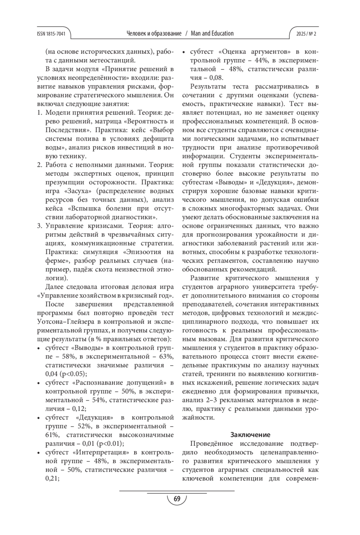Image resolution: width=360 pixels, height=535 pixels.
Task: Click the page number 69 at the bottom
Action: pyautogui.click(x=177, y=499)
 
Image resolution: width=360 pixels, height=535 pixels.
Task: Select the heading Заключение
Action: pyautogui.click(x=250, y=435)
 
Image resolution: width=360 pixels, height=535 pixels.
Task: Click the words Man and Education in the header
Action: pyautogui.click(x=212, y=34)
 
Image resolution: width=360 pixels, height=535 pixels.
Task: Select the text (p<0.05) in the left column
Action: pyautogui.click(x=73, y=374)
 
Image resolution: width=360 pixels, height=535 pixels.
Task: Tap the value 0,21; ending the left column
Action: pyautogui.click(x=52, y=478)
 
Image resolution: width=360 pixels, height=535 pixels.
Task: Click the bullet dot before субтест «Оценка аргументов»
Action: pyautogui.click(x=184, y=52)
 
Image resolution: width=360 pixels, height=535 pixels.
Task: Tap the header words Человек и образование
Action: pyautogui.click(x=154, y=34)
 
